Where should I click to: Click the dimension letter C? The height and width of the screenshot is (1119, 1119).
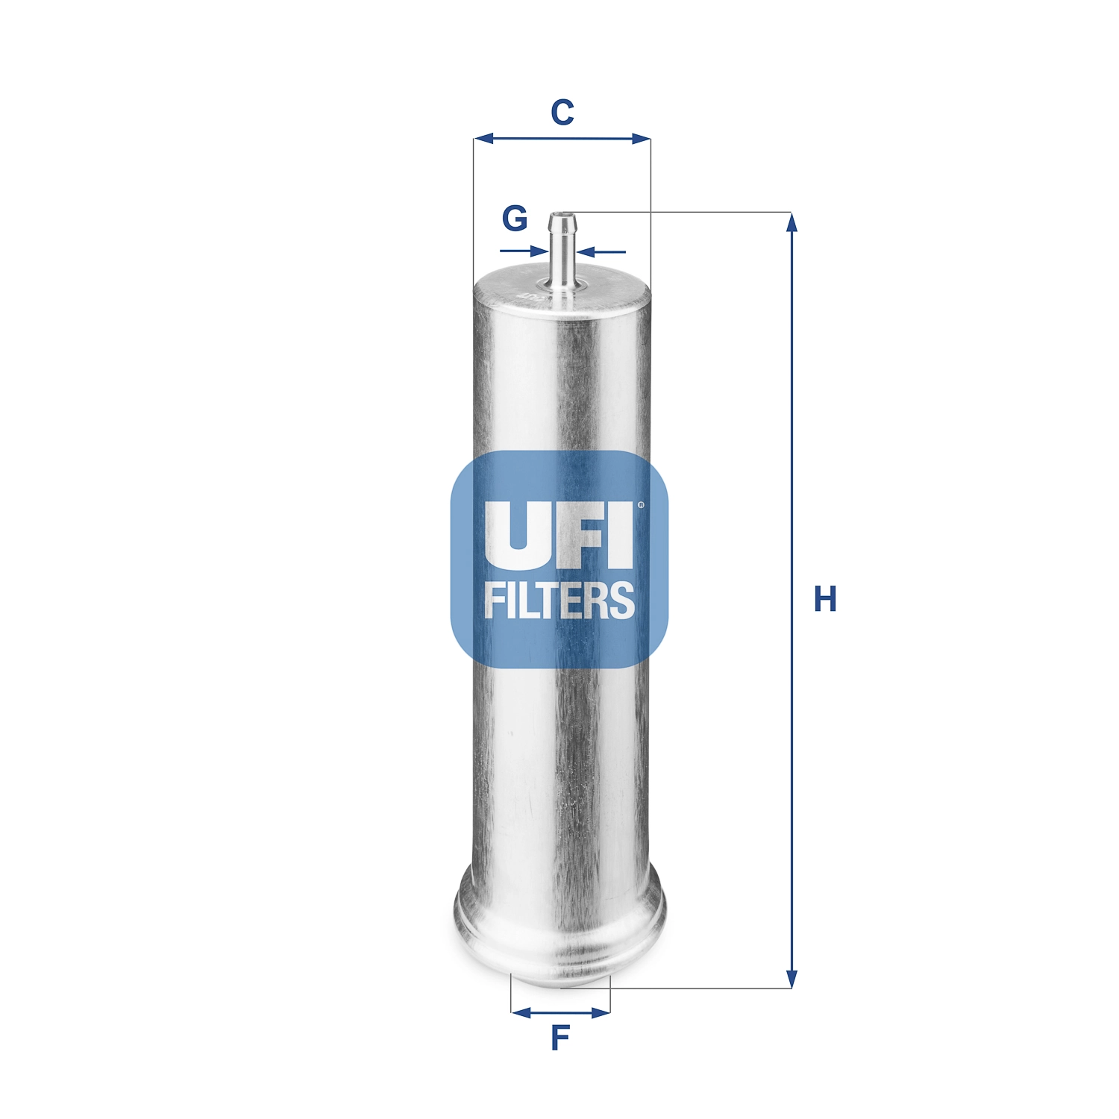coord(562,113)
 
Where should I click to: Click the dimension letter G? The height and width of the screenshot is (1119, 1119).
coord(515,219)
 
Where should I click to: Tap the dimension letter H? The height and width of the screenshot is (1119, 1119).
coord(825,599)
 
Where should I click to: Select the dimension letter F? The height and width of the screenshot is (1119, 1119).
coord(559,1038)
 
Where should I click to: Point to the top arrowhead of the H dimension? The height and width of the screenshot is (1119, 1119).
coord(792,222)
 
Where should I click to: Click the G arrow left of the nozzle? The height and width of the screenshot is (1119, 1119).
coord(539,251)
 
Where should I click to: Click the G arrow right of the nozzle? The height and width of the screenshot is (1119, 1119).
coord(586,251)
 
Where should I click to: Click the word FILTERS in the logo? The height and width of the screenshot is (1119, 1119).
coord(559,601)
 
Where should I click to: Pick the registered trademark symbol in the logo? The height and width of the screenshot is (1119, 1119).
coord(640,506)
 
